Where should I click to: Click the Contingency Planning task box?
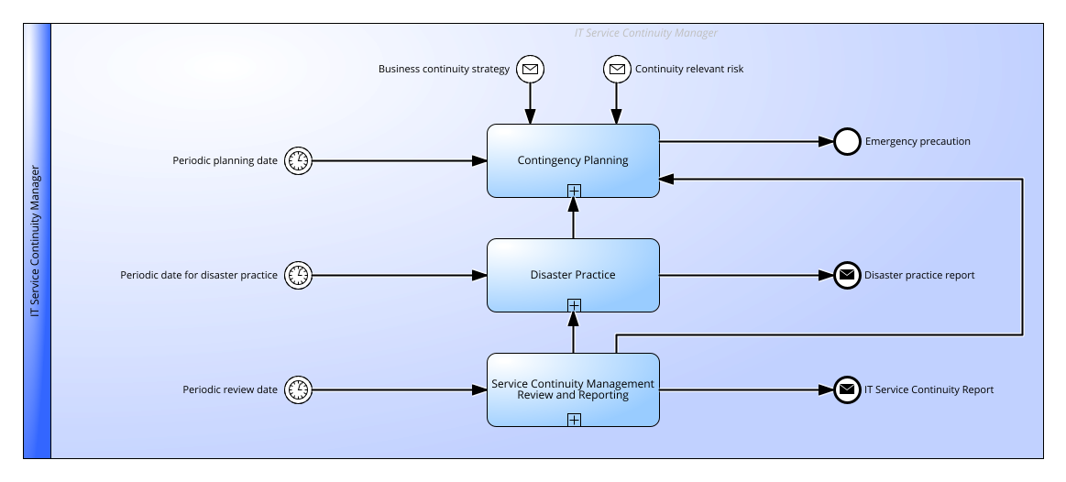(x=573, y=160)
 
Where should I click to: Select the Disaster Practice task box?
(x=573, y=275)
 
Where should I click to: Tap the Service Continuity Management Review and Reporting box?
(x=573, y=389)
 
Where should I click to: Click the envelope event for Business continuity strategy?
(x=531, y=69)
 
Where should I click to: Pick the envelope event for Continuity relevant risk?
(x=617, y=69)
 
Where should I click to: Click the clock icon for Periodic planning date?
(x=298, y=161)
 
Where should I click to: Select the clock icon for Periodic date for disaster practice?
(x=298, y=275)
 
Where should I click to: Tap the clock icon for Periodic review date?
(x=298, y=389)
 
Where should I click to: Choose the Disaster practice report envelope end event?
(x=847, y=275)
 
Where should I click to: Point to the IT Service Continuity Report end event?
(x=847, y=389)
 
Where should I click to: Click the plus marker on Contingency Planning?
(x=574, y=191)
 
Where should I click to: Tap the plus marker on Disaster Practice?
(x=574, y=305)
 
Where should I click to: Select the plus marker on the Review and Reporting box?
(x=574, y=420)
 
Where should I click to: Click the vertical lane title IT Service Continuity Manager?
(x=36, y=241)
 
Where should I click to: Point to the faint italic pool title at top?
(x=646, y=33)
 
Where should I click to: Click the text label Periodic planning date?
(x=225, y=161)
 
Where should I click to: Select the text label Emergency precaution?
(x=918, y=141)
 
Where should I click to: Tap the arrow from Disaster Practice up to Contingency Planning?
(x=573, y=218)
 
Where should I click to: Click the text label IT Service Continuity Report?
(x=929, y=389)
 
